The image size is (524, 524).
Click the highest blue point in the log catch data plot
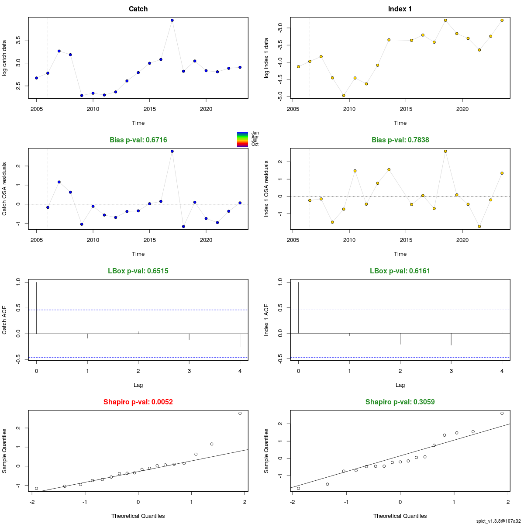pyautogui.click(x=172, y=20)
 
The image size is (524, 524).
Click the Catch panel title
pyautogui.click(x=138, y=9)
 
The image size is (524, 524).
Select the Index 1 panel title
pyautogui.click(x=400, y=9)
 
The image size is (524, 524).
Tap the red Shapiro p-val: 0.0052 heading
pyautogui.click(x=138, y=402)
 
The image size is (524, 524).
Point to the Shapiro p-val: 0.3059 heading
pyautogui.click(x=400, y=402)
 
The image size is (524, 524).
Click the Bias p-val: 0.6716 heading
pyautogui.click(x=138, y=140)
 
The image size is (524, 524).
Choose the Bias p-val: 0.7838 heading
pyautogui.click(x=400, y=140)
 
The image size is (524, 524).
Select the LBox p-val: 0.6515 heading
pyautogui.click(x=138, y=271)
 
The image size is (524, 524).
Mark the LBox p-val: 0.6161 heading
pyautogui.click(x=400, y=271)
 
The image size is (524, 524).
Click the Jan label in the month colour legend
pyautogui.click(x=255, y=133)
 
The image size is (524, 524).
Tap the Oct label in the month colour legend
pyautogui.click(x=255, y=145)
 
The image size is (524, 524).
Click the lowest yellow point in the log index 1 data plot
pyautogui.click(x=344, y=95)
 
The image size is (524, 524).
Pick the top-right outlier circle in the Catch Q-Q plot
pyautogui.click(x=240, y=413)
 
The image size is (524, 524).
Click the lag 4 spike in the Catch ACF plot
pyautogui.click(x=240, y=340)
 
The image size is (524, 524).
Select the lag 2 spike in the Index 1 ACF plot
pyautogui.click(x=400, y=339)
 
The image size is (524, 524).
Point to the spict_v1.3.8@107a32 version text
pyautogui.click(x=498, y=521)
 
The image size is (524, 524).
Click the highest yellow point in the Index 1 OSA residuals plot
pyautogui.click(x=445, y=151)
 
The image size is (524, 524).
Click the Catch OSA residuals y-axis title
pyautogui.click(x=5, y=189)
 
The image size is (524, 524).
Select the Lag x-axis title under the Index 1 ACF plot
pyautogui.click(x=400, y=385)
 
